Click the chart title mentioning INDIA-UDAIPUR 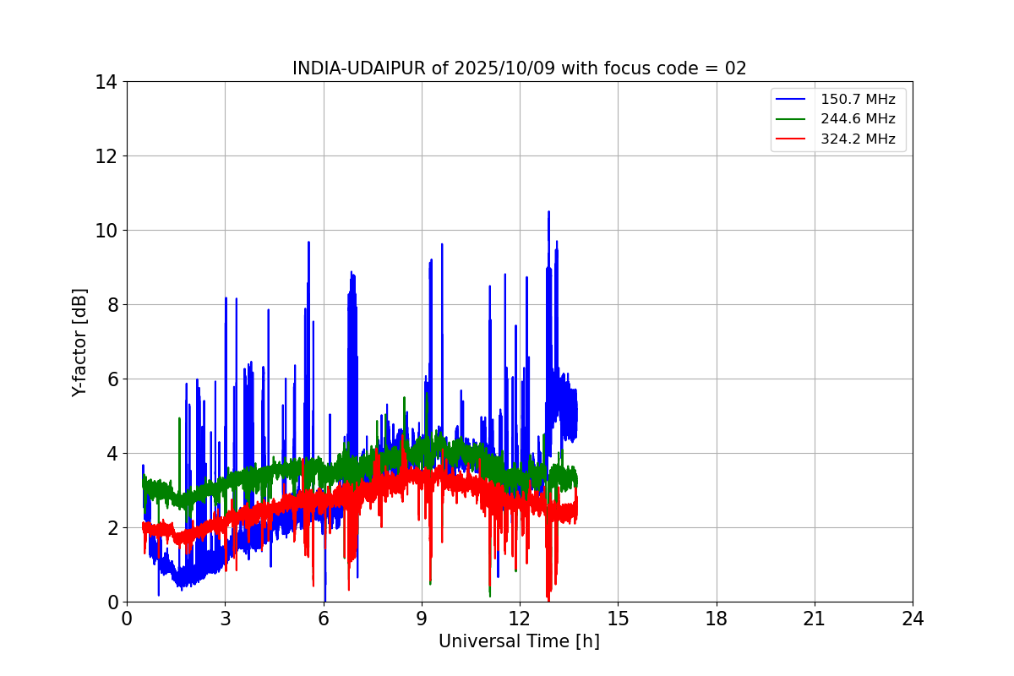[519, 68]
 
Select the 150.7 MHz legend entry [858, 99]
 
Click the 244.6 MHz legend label [858, 119]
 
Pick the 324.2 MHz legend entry [858, 139]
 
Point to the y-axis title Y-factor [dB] [79, 342]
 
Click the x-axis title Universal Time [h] [519, 641]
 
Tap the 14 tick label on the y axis [106, 82]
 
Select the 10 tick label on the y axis [106, 231]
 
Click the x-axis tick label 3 [225, 619]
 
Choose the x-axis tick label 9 [422, 619]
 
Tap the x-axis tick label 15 [618, 619]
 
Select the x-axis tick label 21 [815, 619]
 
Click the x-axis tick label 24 [913, 619]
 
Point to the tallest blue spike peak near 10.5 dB [548, 212]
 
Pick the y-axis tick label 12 [106, 156]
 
